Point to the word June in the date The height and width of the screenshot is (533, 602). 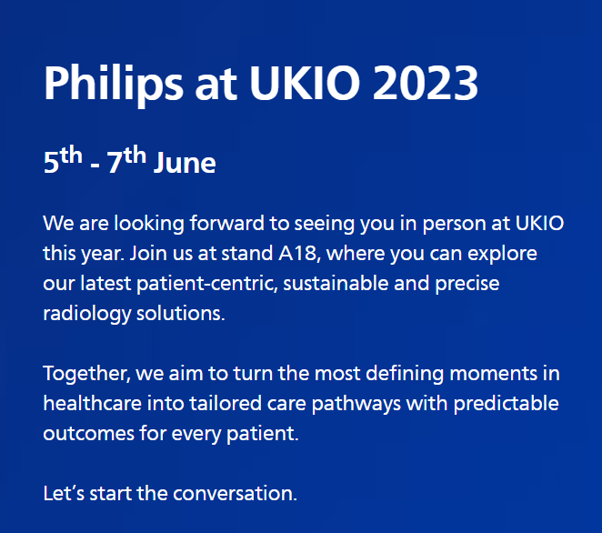tap(185, 163)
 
